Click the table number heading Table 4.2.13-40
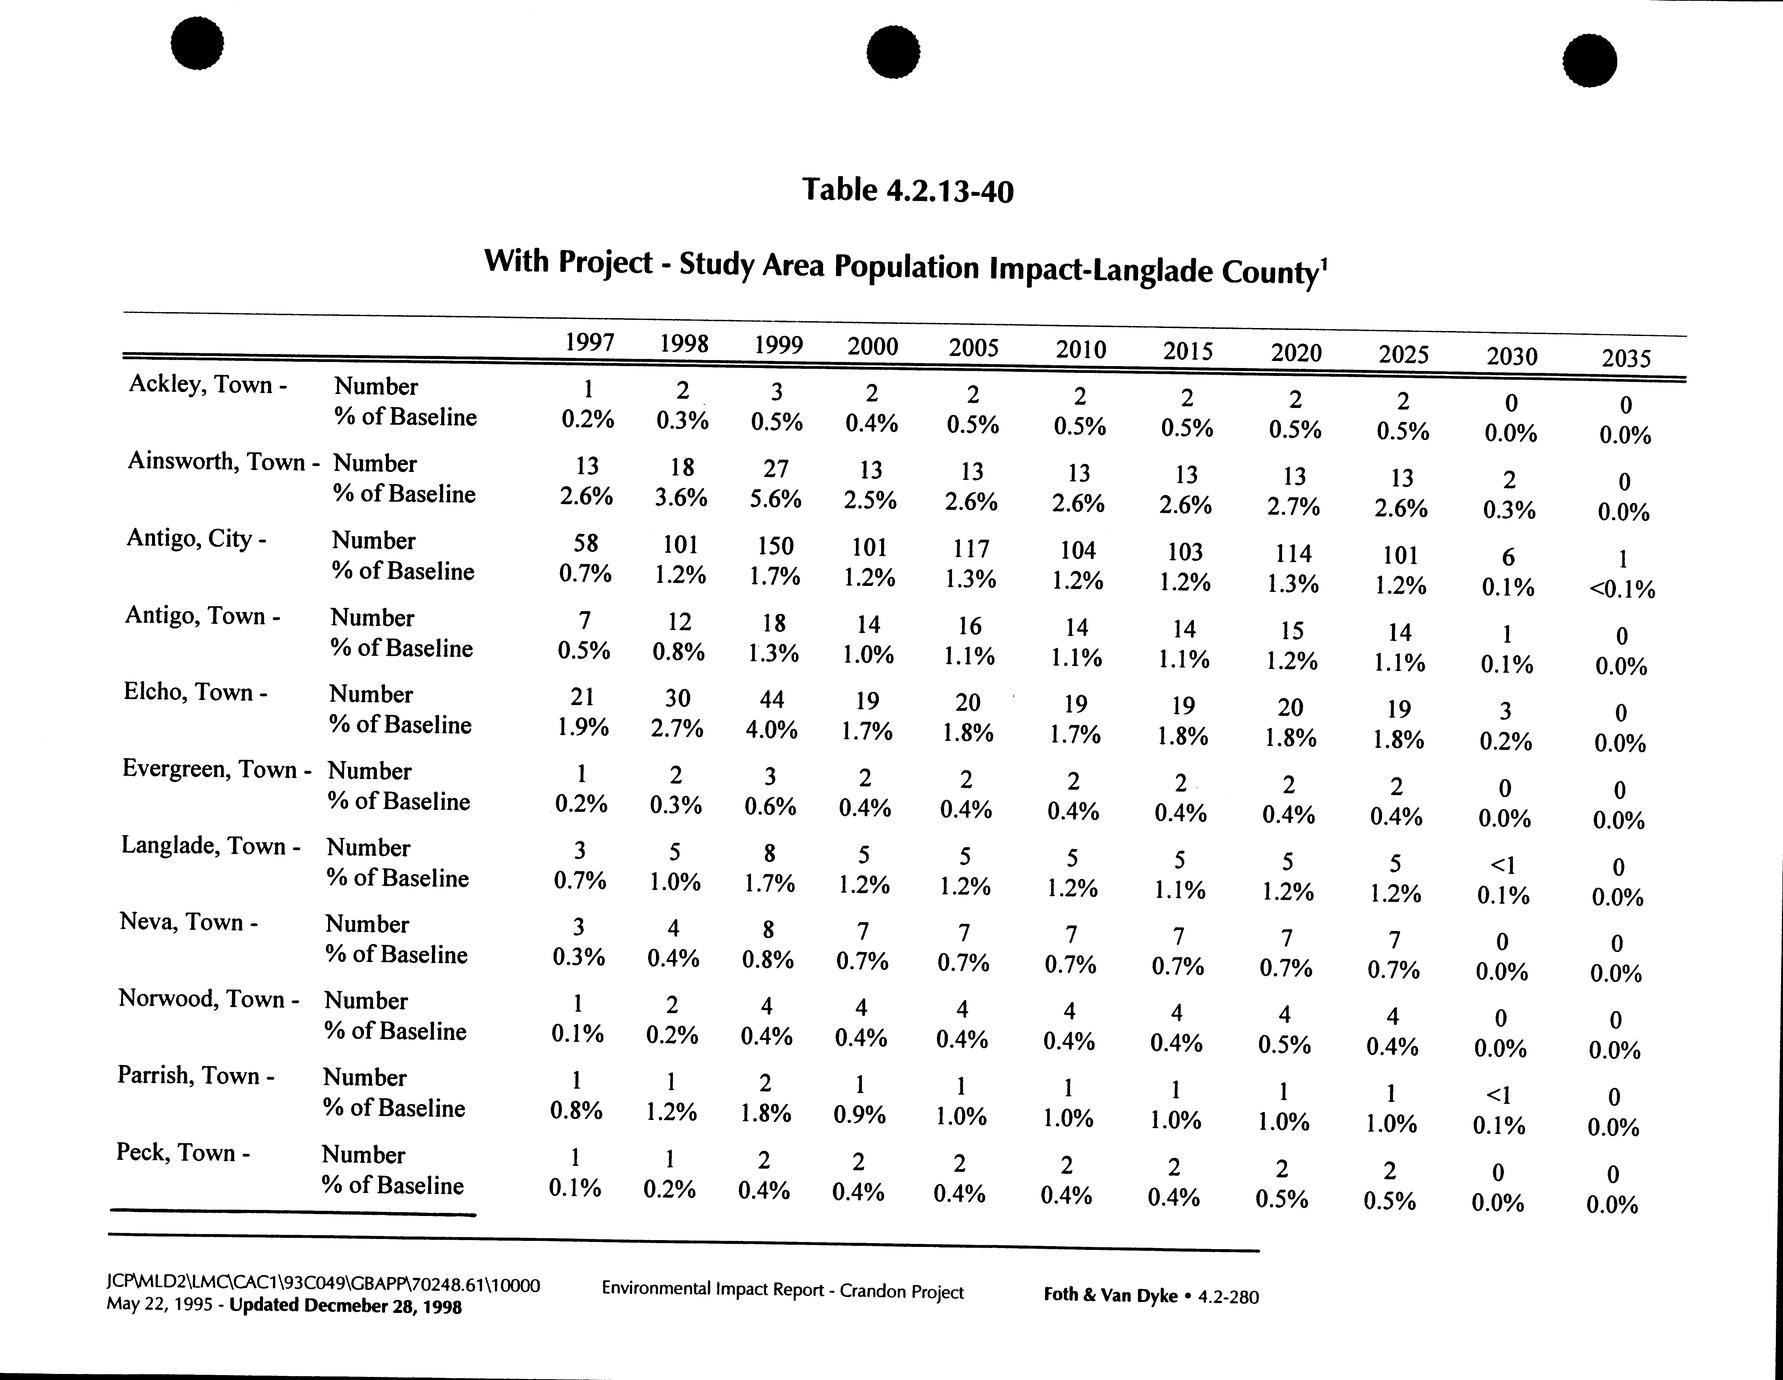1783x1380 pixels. [908, 189]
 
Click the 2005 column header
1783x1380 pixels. [973, 347]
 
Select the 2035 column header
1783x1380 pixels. [1626, 357]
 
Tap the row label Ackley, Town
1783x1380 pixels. [207, 385]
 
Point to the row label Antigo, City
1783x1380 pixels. [196, 538]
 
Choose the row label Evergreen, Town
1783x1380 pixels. [216, 769]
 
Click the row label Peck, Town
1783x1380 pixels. [182, 1152]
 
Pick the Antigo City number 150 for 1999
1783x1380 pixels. [775, 546]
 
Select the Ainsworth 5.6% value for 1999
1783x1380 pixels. [775, 498]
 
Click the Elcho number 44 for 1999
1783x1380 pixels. [772, 700]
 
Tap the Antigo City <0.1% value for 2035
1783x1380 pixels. [1621, 590]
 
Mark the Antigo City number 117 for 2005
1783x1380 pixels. [971, 548]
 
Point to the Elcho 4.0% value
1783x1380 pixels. [772, 730]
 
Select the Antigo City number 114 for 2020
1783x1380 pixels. [1293, 553]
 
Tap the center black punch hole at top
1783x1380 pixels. [892, 51]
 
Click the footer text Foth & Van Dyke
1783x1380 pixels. [1110, 1296]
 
